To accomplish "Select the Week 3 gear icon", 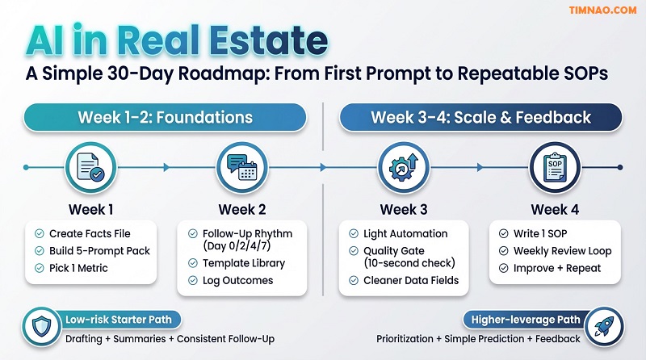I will (x=403, y=167).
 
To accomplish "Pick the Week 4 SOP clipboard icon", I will (x=554, y=167).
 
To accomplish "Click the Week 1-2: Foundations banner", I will (x=165, y=118).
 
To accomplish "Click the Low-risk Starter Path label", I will (x=120, y=320).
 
